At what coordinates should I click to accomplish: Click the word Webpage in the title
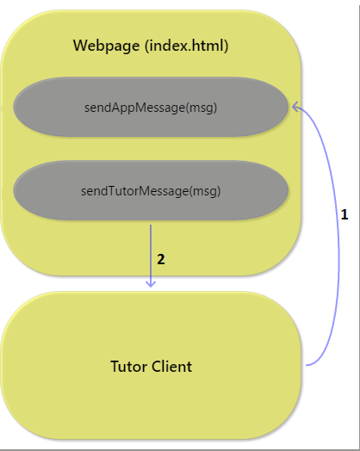click(x=106, y=46)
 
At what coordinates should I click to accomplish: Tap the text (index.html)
click(x=187, y=46)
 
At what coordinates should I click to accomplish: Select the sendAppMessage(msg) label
click(x=151, y=108)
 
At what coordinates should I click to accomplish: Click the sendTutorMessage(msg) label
click(x=151, y=191)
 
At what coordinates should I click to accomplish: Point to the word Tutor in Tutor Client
click(x=129, y=367)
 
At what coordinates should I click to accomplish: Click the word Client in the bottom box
click(x=171, y=367)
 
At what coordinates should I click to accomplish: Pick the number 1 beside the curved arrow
click(x=344, y=214)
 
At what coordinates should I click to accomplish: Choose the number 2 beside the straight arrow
click(x=161, y=259)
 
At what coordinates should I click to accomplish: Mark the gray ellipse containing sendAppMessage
click(x=151, y=107)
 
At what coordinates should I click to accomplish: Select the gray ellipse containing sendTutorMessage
click(x=151, y=190)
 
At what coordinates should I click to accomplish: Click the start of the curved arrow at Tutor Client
click(x=307, y=365)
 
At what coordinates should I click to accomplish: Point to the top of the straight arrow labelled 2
click(x=151, y=225)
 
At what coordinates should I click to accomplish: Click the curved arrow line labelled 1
click(x=338, y=236)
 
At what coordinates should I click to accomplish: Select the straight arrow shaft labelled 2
click(x=151, y=256)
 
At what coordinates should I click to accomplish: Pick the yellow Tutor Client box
click(x=151, y=365)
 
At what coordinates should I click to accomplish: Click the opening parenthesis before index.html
click(x=147, y=46)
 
